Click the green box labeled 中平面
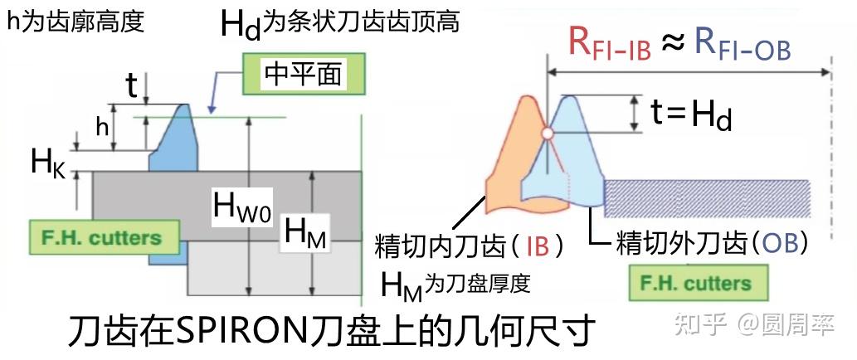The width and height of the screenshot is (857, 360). click(304, 75)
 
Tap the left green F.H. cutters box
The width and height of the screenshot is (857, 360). click(105, 238)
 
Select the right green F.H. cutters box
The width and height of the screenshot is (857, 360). click(696, 283)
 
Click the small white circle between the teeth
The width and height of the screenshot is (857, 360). click(547, 133)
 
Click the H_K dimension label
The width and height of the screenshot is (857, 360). click(48, 162)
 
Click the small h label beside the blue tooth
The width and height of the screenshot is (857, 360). click(102, 127)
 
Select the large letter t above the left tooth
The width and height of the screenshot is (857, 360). click(131, 85)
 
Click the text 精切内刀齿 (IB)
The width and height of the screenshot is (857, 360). click(470, 246)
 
